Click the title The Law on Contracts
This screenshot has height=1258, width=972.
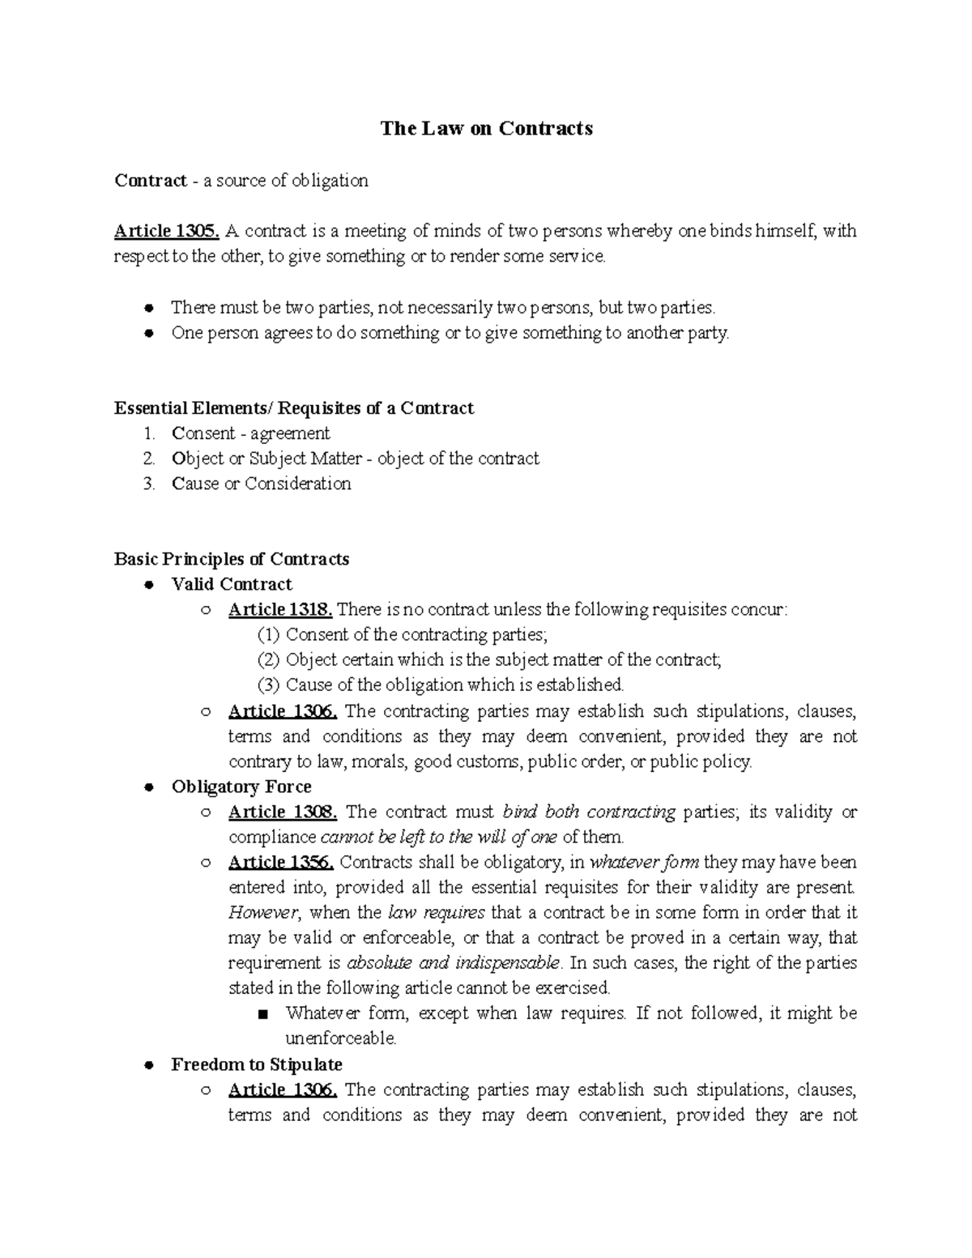(487, 129)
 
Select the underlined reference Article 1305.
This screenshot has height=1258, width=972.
(167, 231)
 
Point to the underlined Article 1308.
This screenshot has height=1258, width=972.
(283, 812)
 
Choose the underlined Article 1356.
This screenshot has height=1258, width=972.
(283, 862)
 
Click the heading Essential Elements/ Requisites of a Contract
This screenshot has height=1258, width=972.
(294, 408)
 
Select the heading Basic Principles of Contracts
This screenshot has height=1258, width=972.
(232, 559)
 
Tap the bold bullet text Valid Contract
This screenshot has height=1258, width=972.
(232, 584)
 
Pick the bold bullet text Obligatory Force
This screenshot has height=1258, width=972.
(241, 787)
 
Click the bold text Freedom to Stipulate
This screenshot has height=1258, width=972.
(257, 1064)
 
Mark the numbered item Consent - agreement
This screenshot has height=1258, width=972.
(250, 433)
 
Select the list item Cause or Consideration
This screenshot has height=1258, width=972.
(261, 484)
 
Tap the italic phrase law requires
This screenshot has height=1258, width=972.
(437, 913)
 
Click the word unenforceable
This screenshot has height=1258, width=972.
(340, 1038)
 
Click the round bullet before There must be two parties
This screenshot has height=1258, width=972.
(148, 308)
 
